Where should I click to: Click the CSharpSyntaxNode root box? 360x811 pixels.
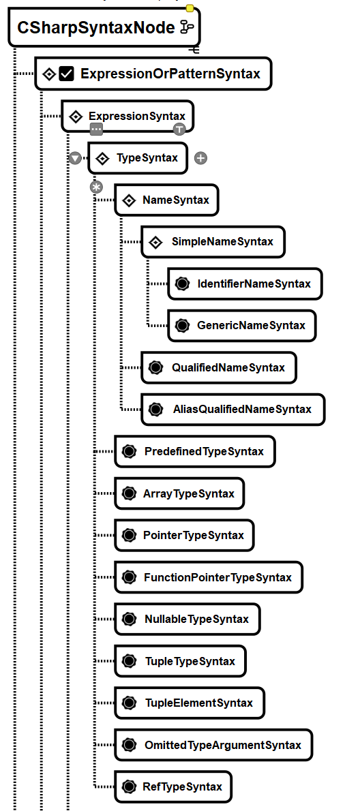(104, 27)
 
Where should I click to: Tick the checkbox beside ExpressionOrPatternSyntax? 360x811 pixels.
(67, 74)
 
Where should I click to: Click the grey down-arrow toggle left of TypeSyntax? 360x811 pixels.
(75, 158)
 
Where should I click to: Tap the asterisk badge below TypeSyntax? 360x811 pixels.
(96, 187)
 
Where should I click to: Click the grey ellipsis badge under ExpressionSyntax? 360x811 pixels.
(96, 129)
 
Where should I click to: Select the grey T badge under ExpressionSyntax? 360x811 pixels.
(179, 129)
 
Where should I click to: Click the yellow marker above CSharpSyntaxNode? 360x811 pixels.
(190, 8)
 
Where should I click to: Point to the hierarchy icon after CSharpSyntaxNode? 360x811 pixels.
(186, 27)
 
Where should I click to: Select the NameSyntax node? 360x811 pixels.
(166, 200)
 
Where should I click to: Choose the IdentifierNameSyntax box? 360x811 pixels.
(245, 284)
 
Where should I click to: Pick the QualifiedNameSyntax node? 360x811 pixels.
(219, 367)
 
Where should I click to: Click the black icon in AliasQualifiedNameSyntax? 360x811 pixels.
(155, 409)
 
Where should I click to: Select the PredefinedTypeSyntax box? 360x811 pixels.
(194, 452)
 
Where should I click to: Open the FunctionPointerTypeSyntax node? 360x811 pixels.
(209, 577)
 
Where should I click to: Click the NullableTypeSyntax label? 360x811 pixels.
(196, 619)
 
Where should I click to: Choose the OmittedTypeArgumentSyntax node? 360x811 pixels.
(213, 745)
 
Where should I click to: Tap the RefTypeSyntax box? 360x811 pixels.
(172, 786)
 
